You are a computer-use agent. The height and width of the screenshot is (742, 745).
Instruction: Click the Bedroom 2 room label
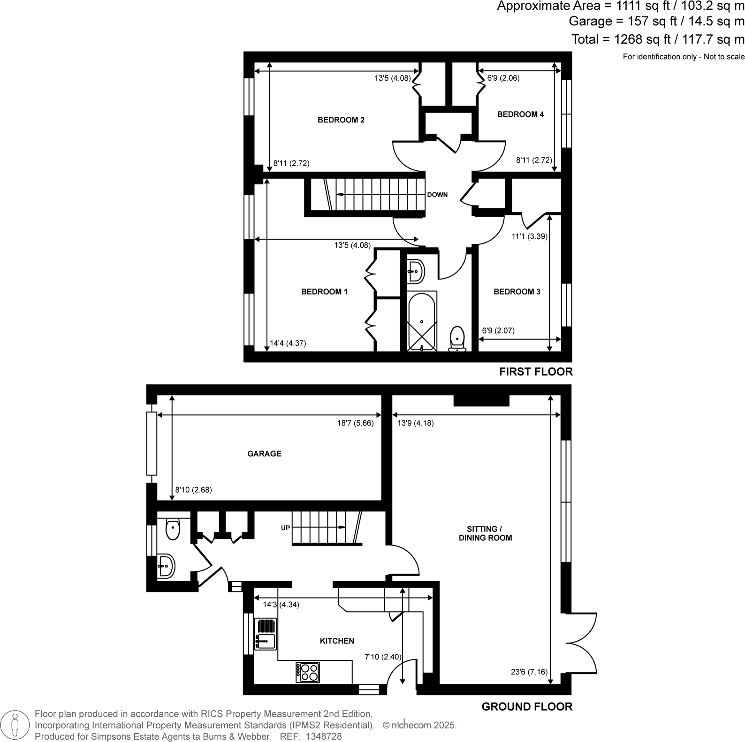pyautogui.click(x=341, y=120)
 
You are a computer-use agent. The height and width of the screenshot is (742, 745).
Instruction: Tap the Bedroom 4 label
pyautogui.click(x=520, y=114)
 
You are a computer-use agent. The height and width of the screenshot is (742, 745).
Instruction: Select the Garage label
pyautogui.click(x=264, y=454)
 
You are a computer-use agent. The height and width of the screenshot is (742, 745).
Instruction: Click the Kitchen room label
pyautogui.click(x=337, y=641)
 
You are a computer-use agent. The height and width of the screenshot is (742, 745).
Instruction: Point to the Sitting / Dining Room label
pyautogui.click(x=485, y=533)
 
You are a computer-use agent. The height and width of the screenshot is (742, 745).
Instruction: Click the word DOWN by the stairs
pyautogui.click(x=437, y=195)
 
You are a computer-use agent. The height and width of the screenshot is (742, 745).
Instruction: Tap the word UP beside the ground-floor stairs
pyautogui.click(x=285, y=528)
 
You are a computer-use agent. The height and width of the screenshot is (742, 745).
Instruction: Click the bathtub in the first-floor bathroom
pyautogui.click(x=422, y=321)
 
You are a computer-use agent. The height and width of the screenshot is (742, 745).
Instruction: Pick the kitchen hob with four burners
pyautogui.click(x=308, y=672)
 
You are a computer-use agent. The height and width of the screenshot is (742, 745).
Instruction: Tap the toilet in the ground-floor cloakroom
pyautogui.click(x=173, y=530)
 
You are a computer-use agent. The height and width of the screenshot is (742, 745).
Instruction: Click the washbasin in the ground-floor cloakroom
pyautogui.click(x=166, y=566)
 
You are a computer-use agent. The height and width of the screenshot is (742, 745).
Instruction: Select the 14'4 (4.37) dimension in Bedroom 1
pyautogui.click(x=288, y=343)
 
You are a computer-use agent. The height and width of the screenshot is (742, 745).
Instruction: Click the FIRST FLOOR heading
pyautogui.click(x=536, y=372)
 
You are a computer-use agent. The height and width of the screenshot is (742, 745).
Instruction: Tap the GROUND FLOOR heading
pyautogui.click(x=527, y=707)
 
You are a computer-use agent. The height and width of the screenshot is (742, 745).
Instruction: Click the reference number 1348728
pyautogui.click(x=324, y=737)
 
